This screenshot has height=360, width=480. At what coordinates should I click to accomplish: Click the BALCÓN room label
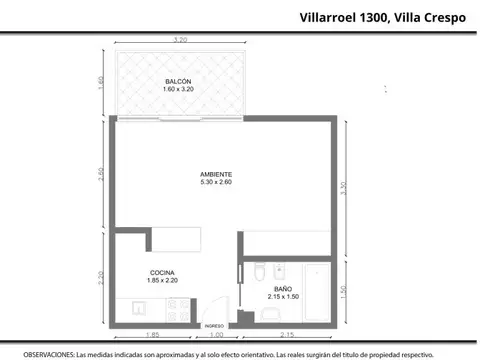[x=177, y=81]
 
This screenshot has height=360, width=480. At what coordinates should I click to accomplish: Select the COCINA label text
[x=164, y=272]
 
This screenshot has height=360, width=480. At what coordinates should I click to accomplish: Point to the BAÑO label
[x=284, y=288]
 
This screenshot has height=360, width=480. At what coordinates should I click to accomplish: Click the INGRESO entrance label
[x=214, y=326]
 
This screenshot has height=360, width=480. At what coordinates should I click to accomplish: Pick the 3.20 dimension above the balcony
[x=180, y=40]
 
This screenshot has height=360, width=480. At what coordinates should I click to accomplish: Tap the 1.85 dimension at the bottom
[x=152, y=335]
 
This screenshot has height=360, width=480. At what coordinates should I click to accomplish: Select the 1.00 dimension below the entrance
[x=219, y=335]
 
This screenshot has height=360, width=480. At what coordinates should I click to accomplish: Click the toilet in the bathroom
[x=258, y=273]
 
